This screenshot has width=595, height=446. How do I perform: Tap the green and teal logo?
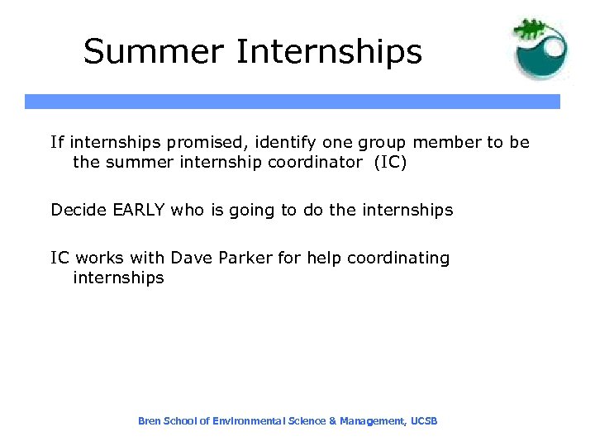pos(540,50)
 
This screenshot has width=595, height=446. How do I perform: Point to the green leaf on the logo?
pos(530,30)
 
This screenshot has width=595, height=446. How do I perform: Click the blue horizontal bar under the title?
pos(293,102)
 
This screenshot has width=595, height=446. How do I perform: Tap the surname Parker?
pos(246,258)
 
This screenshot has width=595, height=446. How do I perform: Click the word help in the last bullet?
pos(325,258)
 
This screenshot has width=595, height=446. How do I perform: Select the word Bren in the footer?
pos(149,421)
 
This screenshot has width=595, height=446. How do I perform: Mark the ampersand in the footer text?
pos(332,421)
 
